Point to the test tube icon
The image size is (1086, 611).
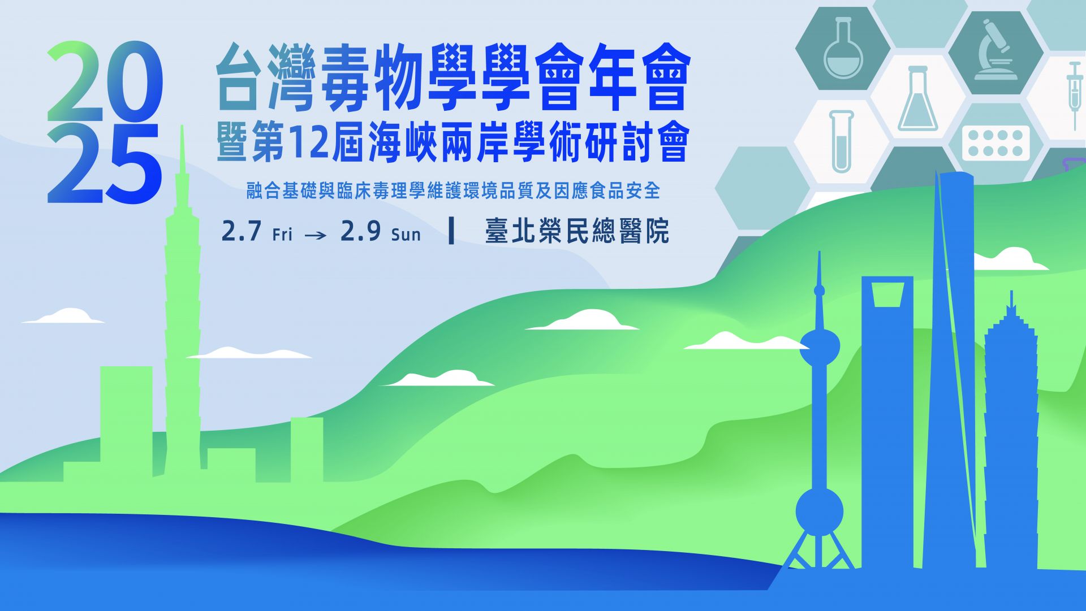tap(841, 141)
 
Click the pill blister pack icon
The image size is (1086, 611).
tap(996, 142)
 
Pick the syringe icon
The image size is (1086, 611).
tap(1074, 93)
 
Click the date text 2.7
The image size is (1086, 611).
tap(242, 231)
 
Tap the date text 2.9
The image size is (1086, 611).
tap(360, 231)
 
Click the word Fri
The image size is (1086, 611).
tap(282, 234)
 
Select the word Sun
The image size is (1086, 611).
tap(406, 234)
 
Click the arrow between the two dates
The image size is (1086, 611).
tap(316, 235)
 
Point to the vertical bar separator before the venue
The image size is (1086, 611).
tap(451, 231)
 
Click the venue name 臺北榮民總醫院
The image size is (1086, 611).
tap(577, 231)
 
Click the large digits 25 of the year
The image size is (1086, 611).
tap(105, 164)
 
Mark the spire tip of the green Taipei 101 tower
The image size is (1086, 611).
tap(182, 126)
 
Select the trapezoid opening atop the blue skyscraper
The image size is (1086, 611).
tap(887, 294)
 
